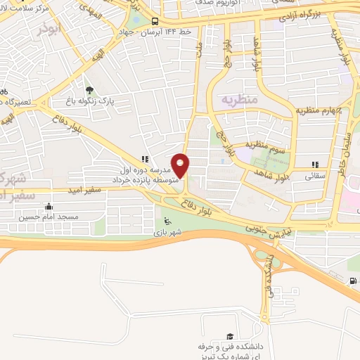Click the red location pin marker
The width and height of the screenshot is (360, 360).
tap(181, 165)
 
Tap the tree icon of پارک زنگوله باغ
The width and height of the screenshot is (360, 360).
tap(89, 90)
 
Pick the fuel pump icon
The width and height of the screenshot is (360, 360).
tap(352, 282)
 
